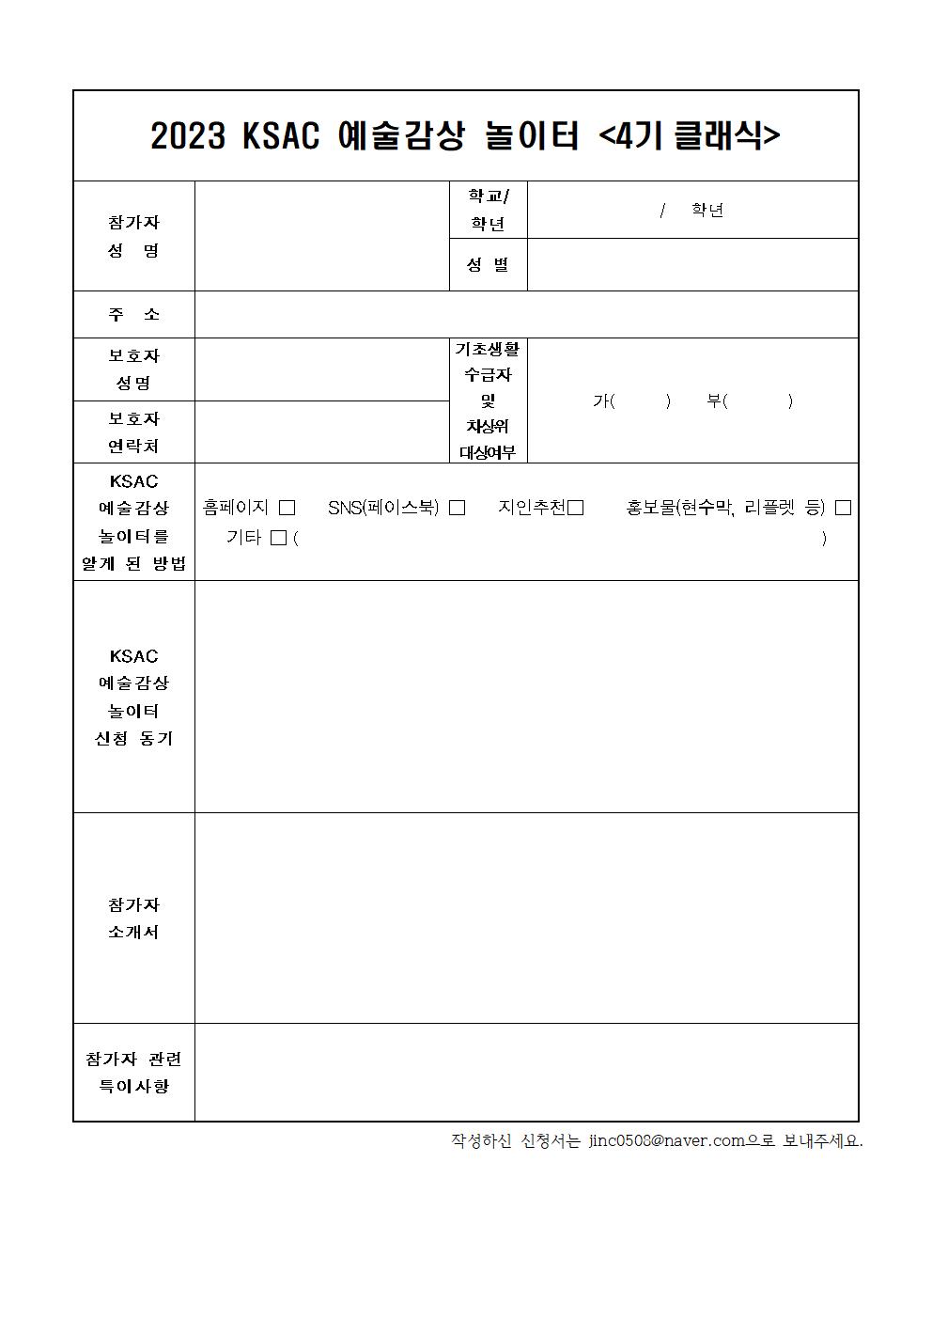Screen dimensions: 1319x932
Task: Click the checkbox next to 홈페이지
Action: [287, 508]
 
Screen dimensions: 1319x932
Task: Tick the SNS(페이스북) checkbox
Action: [458, 508]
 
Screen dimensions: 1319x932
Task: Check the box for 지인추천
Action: [576, 508]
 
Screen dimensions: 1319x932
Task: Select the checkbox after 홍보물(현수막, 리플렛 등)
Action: [843, 508]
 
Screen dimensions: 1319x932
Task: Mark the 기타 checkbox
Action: [277, 539]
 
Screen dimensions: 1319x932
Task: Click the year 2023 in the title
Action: [188, 137]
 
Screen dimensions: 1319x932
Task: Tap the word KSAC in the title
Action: [281, 137]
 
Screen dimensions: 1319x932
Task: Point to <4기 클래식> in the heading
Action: [690, 137]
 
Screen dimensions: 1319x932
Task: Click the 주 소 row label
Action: [134, 314]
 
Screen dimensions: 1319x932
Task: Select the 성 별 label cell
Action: [488, 265]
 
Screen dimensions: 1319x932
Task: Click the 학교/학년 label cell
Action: [488, 210]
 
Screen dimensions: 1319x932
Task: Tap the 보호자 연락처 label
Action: [134, 432]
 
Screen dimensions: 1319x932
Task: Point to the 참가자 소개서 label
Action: [134, 918]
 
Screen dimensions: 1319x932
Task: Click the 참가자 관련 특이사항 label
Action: [134, 1072]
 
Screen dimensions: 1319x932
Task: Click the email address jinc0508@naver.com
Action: [667, 1140]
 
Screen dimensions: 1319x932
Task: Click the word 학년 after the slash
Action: [707, 210]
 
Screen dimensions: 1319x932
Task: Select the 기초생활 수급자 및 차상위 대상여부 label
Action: [488, 400]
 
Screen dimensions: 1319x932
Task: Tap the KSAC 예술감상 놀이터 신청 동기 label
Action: [134, 697]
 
